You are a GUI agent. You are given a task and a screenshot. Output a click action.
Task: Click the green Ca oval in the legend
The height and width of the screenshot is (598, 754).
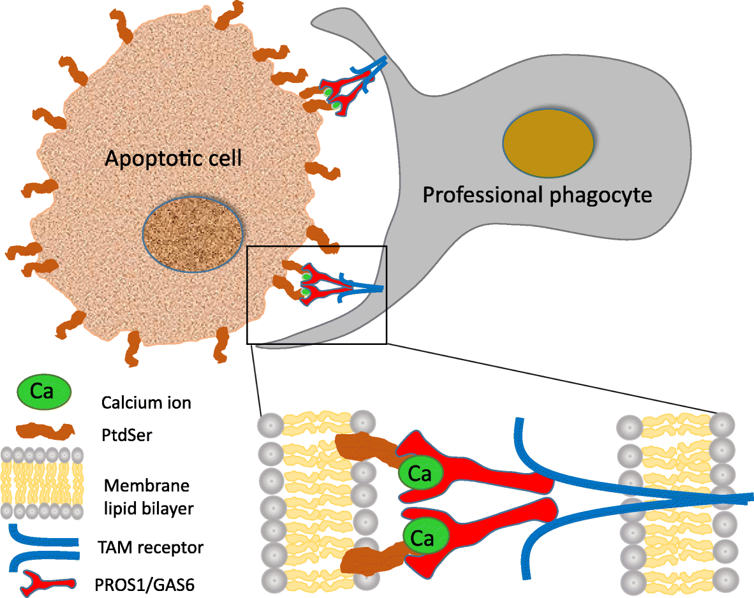pos(43,392)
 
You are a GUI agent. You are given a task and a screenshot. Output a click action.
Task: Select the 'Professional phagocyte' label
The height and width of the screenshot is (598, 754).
pos(537,194)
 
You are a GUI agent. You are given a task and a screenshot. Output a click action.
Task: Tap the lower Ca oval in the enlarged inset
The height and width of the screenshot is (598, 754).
pos(422,539)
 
